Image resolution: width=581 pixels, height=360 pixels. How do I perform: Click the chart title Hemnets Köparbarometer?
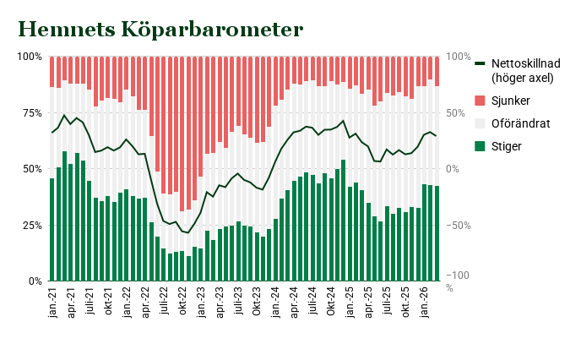pyautogui.click(x=160, y=30)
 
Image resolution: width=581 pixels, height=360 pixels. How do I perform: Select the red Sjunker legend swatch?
pyautogui.click(x=481, y=101)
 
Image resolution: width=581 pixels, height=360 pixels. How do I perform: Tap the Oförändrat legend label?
pyautogui.click(x=520, y=123)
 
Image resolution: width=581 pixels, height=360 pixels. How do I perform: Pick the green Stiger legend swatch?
pyautogui.click(x=481, y=146)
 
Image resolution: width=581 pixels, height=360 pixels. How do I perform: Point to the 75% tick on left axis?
pyautogui.click(x=30, y=112)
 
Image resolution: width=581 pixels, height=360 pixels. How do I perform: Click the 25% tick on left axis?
pyautogui.click(x=30, y=225)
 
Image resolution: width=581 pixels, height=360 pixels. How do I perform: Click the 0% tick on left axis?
pyautogui.click(x=33, y=281)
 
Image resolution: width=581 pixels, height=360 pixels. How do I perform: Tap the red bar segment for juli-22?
pyautogui.click(x=164, y=127)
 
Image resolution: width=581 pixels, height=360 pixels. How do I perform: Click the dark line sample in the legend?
pyautogui.click(x=481, y=64)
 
